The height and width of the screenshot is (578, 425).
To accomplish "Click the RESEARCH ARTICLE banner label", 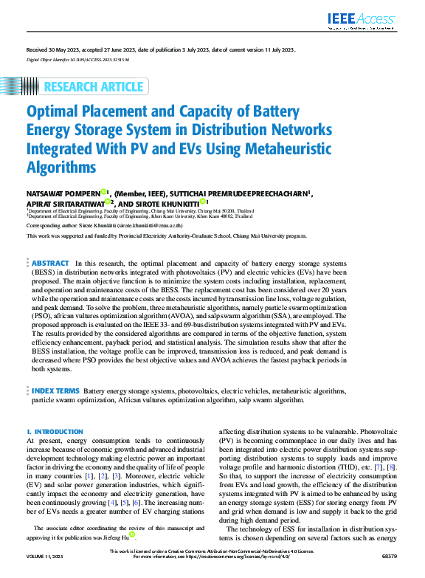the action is coord(94,86).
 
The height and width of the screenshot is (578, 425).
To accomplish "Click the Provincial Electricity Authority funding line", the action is coord(165,235).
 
